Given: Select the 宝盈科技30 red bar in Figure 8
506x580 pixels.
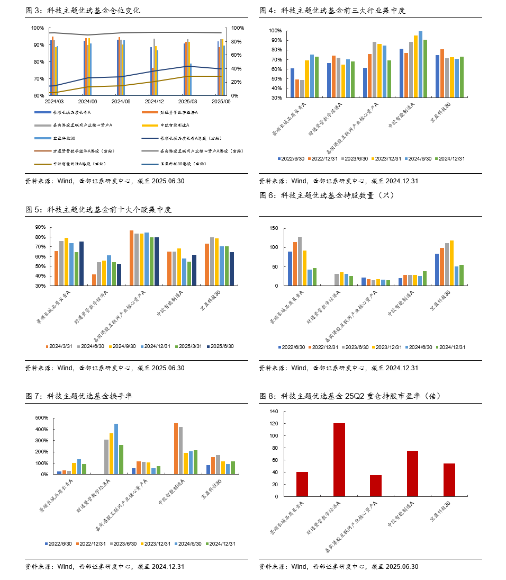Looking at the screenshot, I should tap(449, 480).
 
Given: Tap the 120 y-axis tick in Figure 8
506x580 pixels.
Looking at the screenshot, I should tap(274, 424).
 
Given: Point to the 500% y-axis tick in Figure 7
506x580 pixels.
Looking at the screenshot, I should tap(41, 418).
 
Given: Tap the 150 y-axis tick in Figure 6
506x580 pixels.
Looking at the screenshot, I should tap(274, 228).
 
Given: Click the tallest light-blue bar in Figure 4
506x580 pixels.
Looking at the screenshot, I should tap(421, 64).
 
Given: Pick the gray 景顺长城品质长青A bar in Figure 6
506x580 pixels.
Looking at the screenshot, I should tap(300, 261).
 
